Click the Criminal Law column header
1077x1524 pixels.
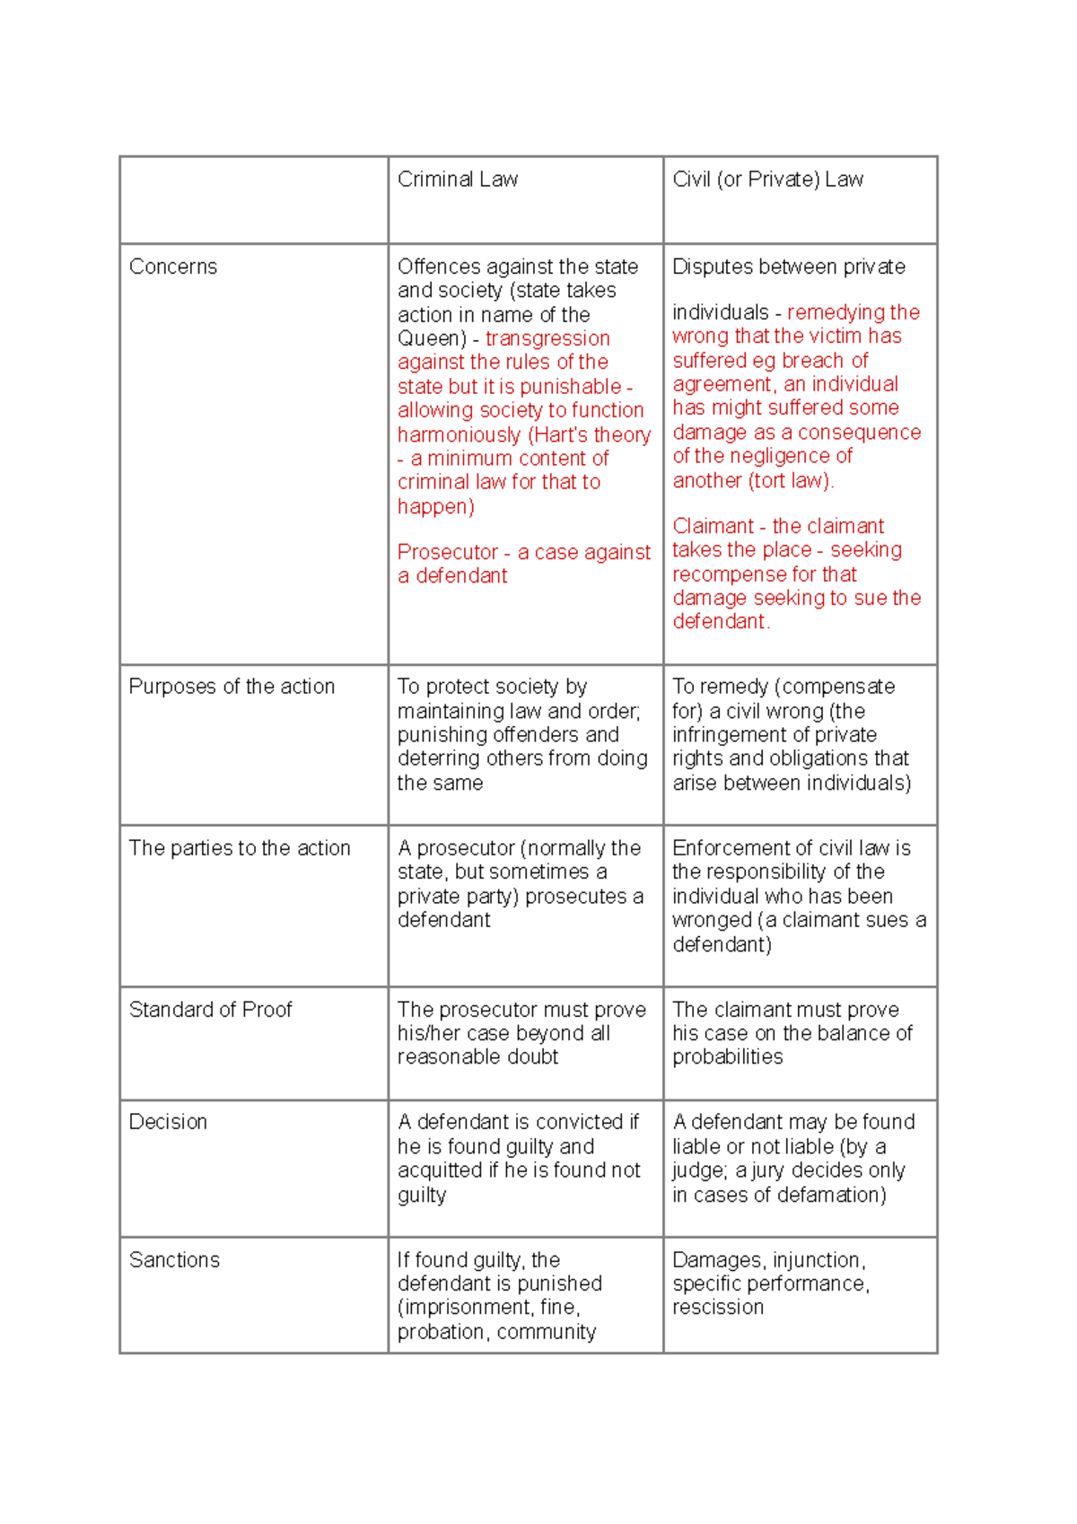(x=457, y=180)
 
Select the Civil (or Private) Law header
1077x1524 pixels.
(x=767, y=180)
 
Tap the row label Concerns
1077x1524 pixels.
(x=173, y=267)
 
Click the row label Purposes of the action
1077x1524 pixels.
(x=232, y=687)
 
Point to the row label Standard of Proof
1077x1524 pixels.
(x=211, y=1010)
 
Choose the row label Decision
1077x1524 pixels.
(x=168, y=1122)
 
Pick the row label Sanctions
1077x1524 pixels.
(x=174, y=1260)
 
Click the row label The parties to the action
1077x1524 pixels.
(x=240, y=848)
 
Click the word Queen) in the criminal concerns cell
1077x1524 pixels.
(x=432, y=339)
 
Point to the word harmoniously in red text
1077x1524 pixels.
(x=459, y=435)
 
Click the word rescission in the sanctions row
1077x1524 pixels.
(x=718, y=1308)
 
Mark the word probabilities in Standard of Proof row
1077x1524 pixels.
(x=727, y=1057)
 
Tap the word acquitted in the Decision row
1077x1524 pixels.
(x=440, y=1170)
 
